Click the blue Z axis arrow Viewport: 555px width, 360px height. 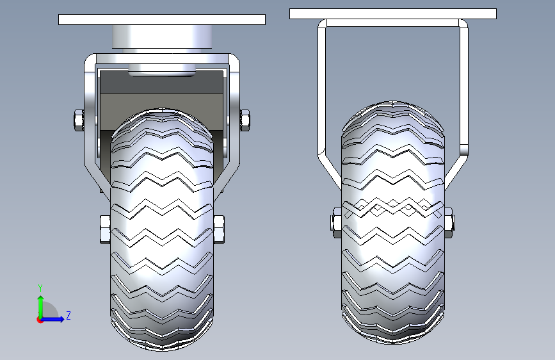pyautogui.click(x=52, y=319)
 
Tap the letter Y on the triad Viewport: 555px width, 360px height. pyautogui.click(x=40, y=288)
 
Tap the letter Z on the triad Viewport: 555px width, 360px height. pyautogui.click(x=68, y=315)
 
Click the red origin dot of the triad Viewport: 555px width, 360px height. pyautogui.click(x=39, y=320)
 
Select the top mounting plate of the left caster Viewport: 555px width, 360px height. pyautogui.click(x=162, y=19)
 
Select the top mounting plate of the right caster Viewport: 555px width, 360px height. pyautogui.click(x=393, y=14)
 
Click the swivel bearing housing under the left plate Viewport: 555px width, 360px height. pyautogui.click(x=162, y=37)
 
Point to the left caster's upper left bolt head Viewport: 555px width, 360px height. pyautogui.click(x=79, y=120)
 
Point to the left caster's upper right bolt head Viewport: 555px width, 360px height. pyautogui.click(x=245, y=120)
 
